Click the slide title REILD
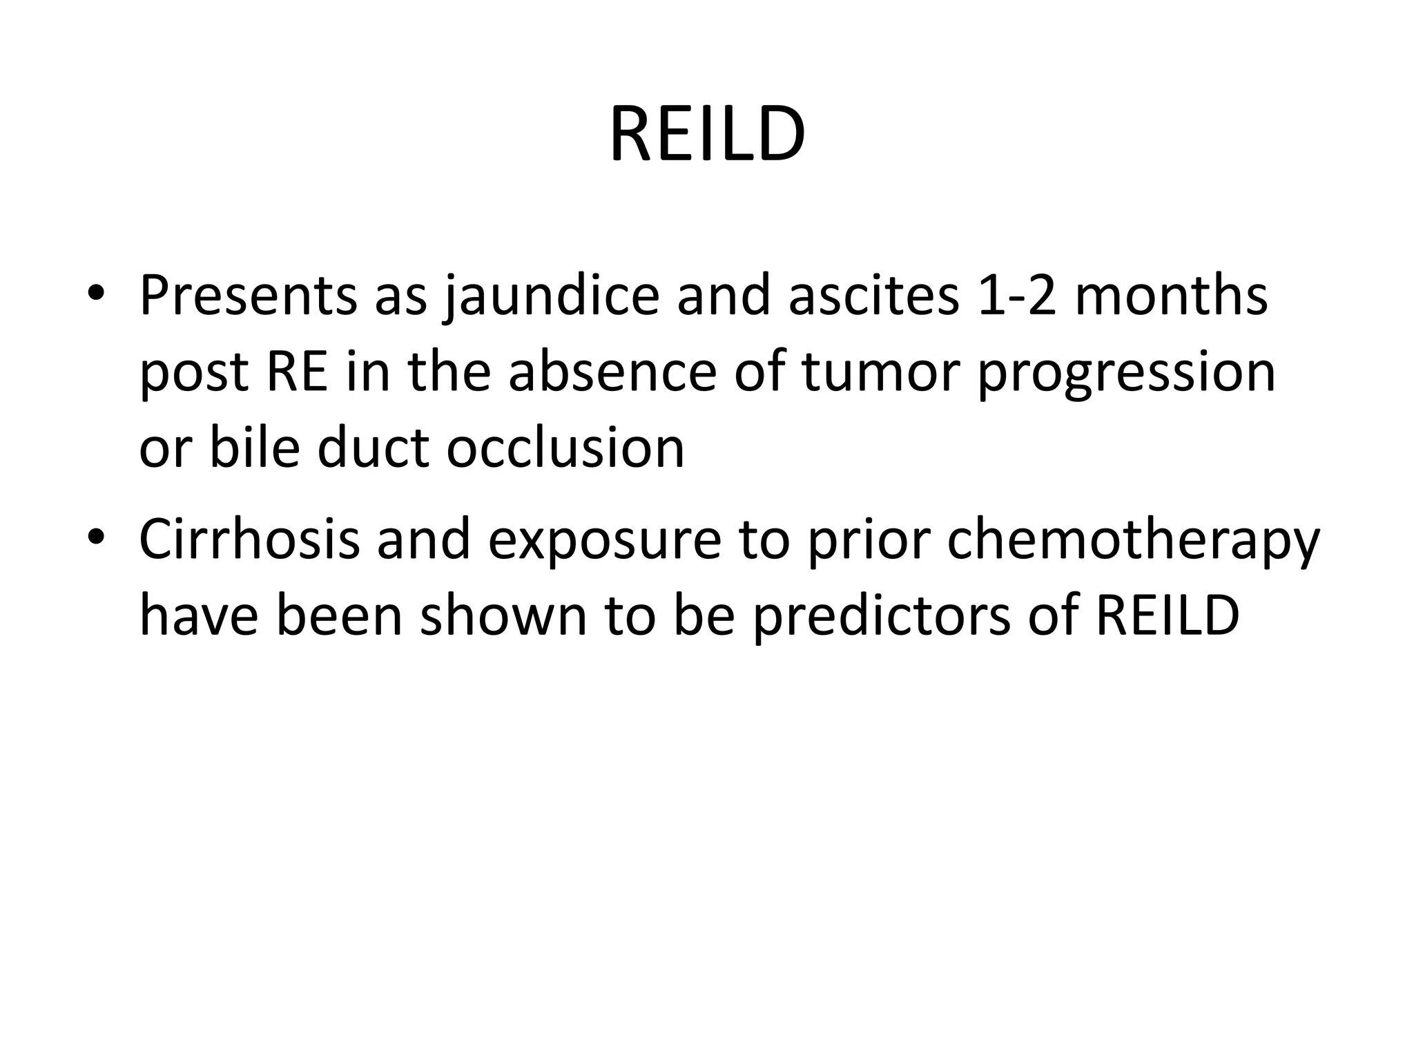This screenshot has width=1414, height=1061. (x=707, y=134)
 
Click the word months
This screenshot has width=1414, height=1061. (x=1171, y=296)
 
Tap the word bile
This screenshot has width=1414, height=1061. (x=254, y=448)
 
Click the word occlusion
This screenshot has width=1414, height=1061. (x=565, y=448)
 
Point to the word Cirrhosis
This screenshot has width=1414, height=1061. (x=249, y=539)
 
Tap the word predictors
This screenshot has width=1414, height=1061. (x=881, y=617)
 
